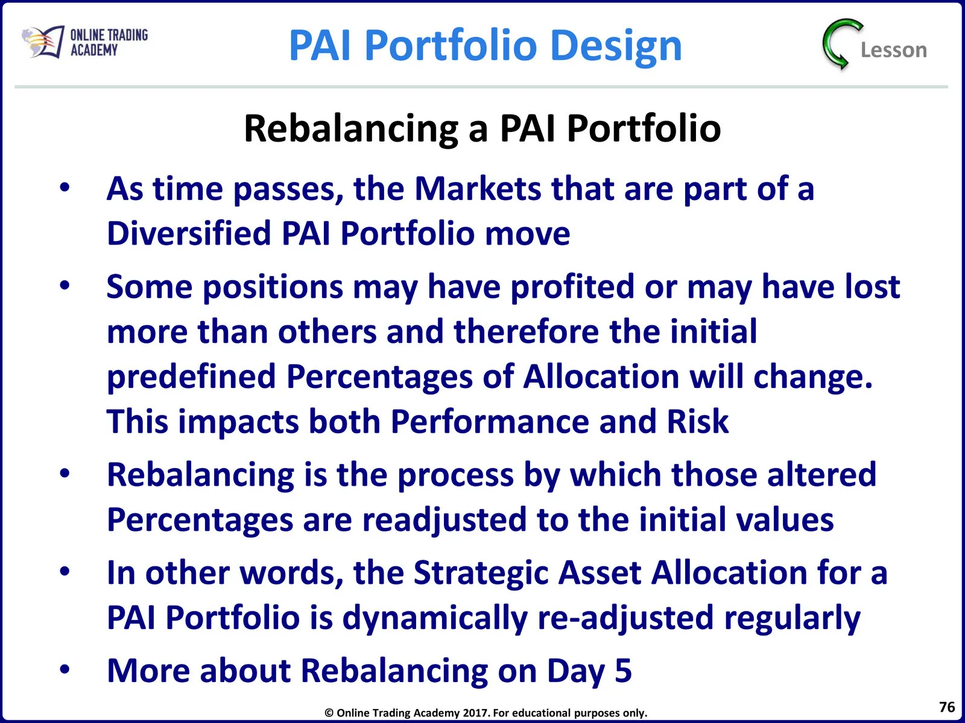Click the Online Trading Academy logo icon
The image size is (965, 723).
click(x=43, y=42)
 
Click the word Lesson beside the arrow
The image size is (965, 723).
click(x=894, y=50)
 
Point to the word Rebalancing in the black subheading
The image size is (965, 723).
click(x=351, y=129)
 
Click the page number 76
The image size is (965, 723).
click(x=947, y=707)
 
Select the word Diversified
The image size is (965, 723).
click(x=189, y=233)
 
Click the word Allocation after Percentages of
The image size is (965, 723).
click(x=601, y=376)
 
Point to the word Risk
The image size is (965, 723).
click(x=698, y=421)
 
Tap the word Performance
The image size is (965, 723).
click(x=490, y=421)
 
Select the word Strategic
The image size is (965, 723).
click(x=481, y=574)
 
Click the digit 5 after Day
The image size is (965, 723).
click(x=624, y=671)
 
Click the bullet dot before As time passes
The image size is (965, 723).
click(x=65, y=187)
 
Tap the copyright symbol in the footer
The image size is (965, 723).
click(x=329, y=713)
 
